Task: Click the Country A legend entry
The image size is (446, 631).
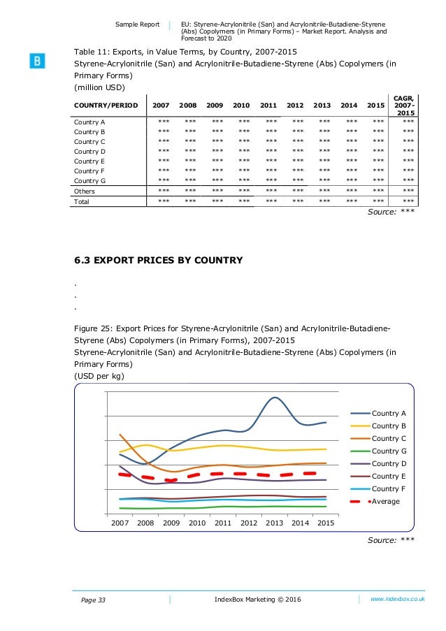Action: pyautogui.click(x=389, y=413)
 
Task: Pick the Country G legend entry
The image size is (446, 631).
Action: pyautogui.click(x=389, y=451)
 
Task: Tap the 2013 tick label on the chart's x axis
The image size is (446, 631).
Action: pyautogui.click(x=274, y=523)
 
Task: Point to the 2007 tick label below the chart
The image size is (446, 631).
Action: pyautogui.click(x=120, y=523)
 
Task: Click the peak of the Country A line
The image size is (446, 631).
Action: pyautogui.click(x=275, y=398)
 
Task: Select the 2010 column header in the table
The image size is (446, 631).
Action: pyautogui.click(x=241, y=105)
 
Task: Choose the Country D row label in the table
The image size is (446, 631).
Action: pyautogui.click(x=90, y=151)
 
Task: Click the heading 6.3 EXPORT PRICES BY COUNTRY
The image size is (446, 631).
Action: pyautogui.click(x=158, y=261)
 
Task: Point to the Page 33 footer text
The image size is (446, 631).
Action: pyautogui.click(x=89, y=600)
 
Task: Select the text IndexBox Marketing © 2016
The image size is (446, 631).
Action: pyautogui.click(x=257, y=600)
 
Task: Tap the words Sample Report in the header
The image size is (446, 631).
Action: pyautogui.click(x=138, y=24)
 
